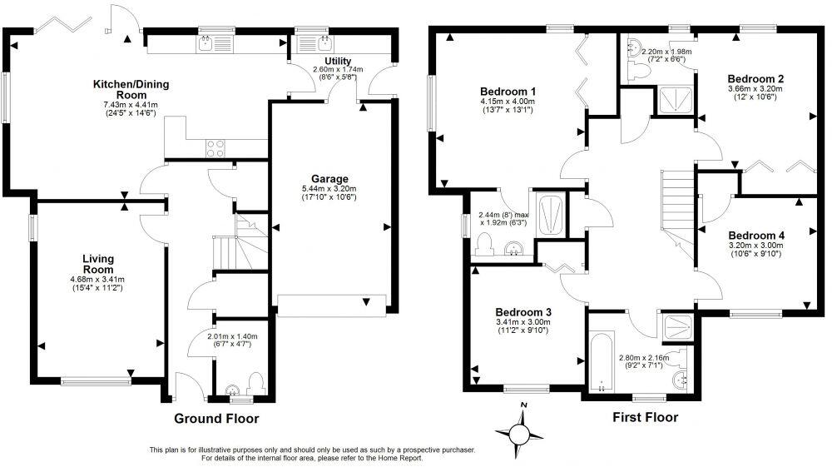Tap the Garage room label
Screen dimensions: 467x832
pos(329,179)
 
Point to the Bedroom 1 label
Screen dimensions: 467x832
pos(508,92)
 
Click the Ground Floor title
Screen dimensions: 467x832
pos(216,419)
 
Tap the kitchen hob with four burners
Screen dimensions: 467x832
pos(215,148)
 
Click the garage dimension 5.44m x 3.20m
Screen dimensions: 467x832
pos(329,189)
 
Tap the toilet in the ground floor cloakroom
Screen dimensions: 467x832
pos(255,384)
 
